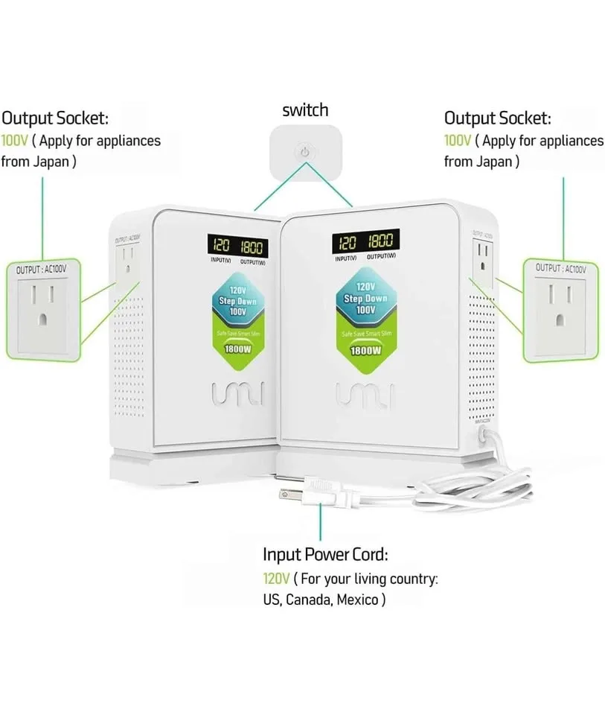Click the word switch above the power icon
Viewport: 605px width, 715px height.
pos(304,110)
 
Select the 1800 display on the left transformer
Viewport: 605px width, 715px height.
pos(252,247)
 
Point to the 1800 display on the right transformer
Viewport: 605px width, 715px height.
pos(380,240)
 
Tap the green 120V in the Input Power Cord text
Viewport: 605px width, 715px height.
pos(275,578)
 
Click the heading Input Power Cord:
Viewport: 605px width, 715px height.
pos(324,555)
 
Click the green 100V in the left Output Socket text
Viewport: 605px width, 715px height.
pos(13,140)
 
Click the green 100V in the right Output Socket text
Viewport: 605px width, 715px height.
pos(457,140)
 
